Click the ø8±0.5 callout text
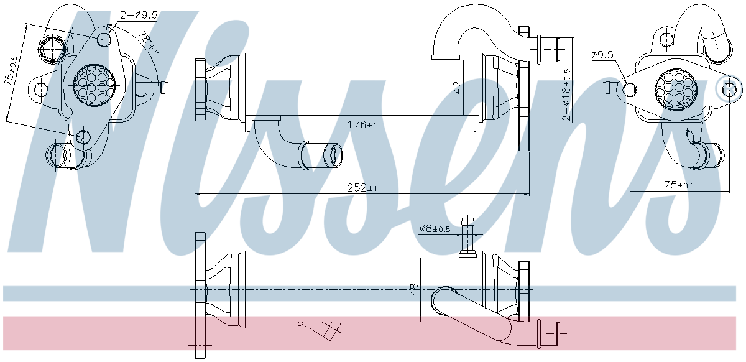tap(435, 229)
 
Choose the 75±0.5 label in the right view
tap(679, 185)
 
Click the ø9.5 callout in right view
tap(602, 55)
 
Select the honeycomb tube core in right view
tap(678, 89)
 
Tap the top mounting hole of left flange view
tap(104, 40)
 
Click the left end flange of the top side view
tap(200, 91)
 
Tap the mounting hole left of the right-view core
tap(630, 89)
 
